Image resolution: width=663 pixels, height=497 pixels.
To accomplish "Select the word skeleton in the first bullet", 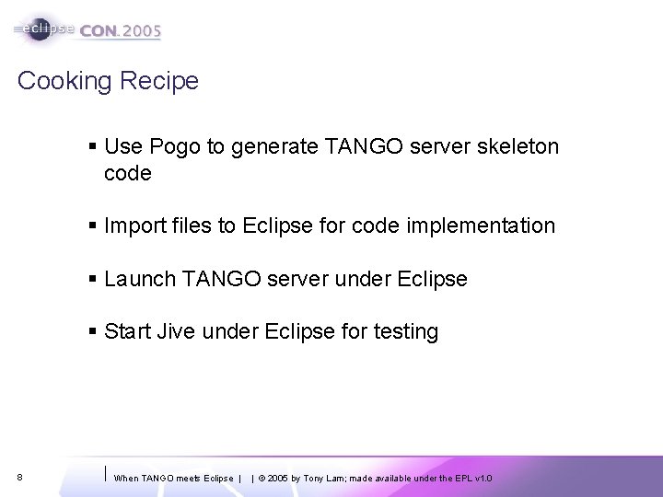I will [x=518, y=146].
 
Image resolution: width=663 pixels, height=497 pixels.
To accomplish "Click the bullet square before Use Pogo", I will [x=95, y=146].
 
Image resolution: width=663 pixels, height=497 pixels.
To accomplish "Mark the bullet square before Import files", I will [x=95, y=225].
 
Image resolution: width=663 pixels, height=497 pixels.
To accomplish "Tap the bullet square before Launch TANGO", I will [x=95, y=278].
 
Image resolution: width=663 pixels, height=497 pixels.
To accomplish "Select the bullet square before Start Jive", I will [x=95, y=330].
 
